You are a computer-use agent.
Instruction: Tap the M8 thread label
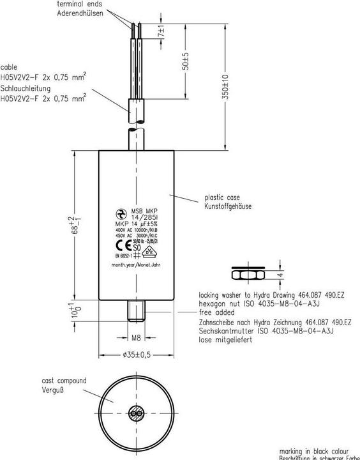coord(135,337)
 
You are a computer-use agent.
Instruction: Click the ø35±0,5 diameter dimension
coord(135,355)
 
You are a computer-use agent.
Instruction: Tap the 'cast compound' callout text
coord(64,381)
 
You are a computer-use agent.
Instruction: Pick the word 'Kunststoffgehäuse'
coord(229,207)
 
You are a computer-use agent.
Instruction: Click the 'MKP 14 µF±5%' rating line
coord(137,224)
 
